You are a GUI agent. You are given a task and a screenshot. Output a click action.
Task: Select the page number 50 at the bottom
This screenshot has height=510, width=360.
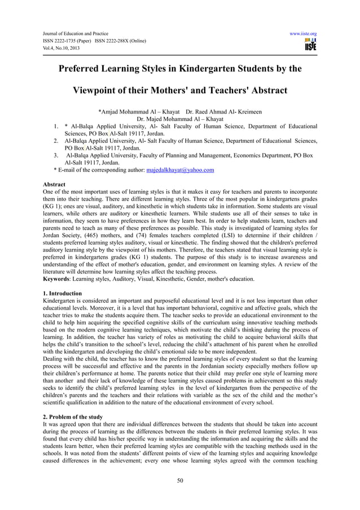[x=179, y=481]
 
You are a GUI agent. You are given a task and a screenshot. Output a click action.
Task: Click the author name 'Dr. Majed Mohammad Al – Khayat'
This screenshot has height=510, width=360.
[x=180, y=119]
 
